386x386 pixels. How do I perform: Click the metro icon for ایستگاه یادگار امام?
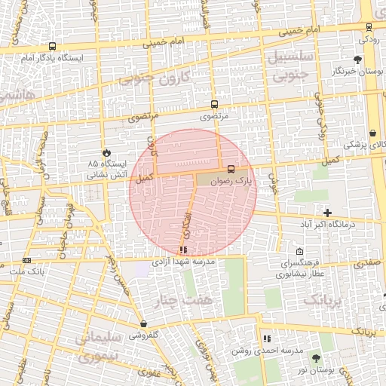[52, 47]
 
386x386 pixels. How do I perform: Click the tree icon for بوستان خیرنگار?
[357, 60]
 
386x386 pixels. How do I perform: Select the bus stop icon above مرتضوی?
[215, 105]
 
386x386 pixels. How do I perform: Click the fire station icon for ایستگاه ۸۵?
[107, 152]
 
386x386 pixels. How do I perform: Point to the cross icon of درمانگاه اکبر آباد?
[327, 213]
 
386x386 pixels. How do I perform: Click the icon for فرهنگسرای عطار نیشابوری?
[300, 252]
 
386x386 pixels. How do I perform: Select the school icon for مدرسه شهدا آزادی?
[184, 250]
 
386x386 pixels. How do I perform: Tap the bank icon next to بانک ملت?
[27, 260]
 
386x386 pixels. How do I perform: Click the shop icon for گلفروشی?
[143, 324]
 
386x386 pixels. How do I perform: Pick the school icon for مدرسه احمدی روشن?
[267, 339]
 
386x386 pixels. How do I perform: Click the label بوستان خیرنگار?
[355, 72]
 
